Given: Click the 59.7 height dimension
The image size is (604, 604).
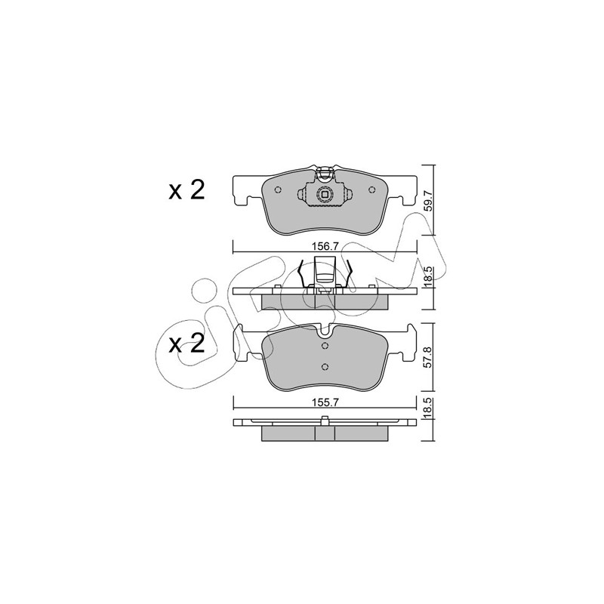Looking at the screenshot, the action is coord(428,199).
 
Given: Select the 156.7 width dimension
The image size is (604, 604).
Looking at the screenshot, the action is coord(325,247).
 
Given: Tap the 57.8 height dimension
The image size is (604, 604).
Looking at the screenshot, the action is coord(428,358).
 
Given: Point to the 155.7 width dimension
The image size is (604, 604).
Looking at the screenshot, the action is coord(325,402).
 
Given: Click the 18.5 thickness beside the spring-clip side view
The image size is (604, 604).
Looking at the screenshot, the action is coord(428,276).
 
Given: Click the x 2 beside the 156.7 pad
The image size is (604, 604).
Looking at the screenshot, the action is coord(186,191).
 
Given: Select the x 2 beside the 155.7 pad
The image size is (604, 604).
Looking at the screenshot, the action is coord(186,344).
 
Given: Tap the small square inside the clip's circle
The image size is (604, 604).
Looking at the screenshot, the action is coord(325,195).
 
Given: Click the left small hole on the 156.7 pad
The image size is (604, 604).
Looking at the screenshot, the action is coord(278,190).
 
